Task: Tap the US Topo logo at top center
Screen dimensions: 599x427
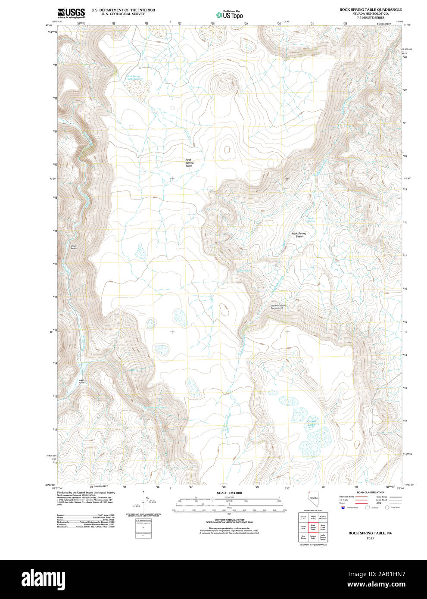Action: click(x=229, y=15)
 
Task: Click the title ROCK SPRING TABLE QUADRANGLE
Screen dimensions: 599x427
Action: click(x=370, y=9)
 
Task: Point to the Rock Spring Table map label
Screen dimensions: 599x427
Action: click(x=189, y=162)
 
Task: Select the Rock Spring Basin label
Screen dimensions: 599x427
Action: click(x=299, y=235)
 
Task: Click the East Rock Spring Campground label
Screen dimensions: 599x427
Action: click(x=278, y=307)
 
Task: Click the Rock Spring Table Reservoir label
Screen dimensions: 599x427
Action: click(x=134, y=78)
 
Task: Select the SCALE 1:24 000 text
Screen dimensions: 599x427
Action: click(x=229, y=493)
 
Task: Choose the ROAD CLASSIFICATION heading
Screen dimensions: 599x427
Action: click(x=370, y=492)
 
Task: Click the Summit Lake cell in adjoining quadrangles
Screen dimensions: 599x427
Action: click(x=313, y=537)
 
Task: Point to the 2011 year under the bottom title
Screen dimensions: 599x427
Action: click(x=370, y=538)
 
